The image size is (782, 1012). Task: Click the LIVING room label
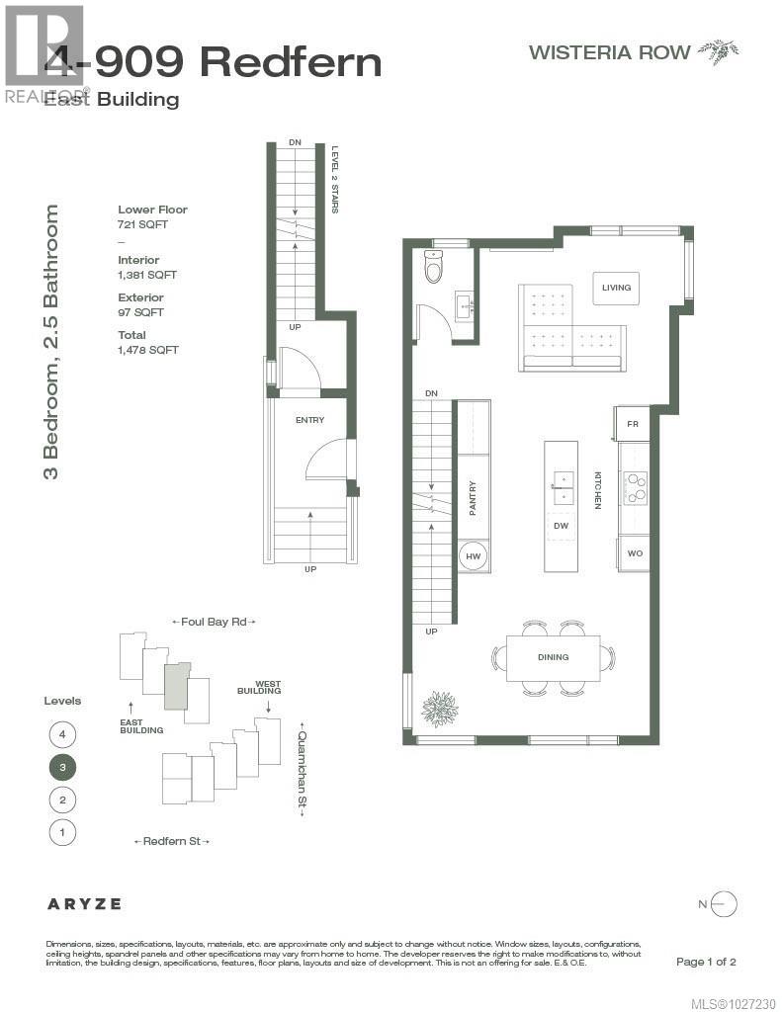tap(616, 288)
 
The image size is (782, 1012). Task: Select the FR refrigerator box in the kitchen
tap(633, 423)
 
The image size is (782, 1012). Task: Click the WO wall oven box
tap(634, 553)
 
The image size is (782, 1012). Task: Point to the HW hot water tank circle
tap(473, 556)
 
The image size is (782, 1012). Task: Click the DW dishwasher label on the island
tap(561, 525)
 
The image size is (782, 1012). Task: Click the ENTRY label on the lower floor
tap(309, 420)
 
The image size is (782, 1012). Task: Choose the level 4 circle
tap(62, 734)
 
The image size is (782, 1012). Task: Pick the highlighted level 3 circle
tap(62, 767)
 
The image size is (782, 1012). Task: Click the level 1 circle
tap(62, 832)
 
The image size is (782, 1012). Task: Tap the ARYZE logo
tap(84, 903)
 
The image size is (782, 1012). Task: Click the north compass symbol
tap(724, 903)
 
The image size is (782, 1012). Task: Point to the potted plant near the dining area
tap(439, 709)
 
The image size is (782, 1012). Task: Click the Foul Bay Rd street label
tap(214, 622)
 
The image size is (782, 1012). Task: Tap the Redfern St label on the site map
tap(172, 841)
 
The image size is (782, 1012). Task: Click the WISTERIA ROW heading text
tap(609, 52)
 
